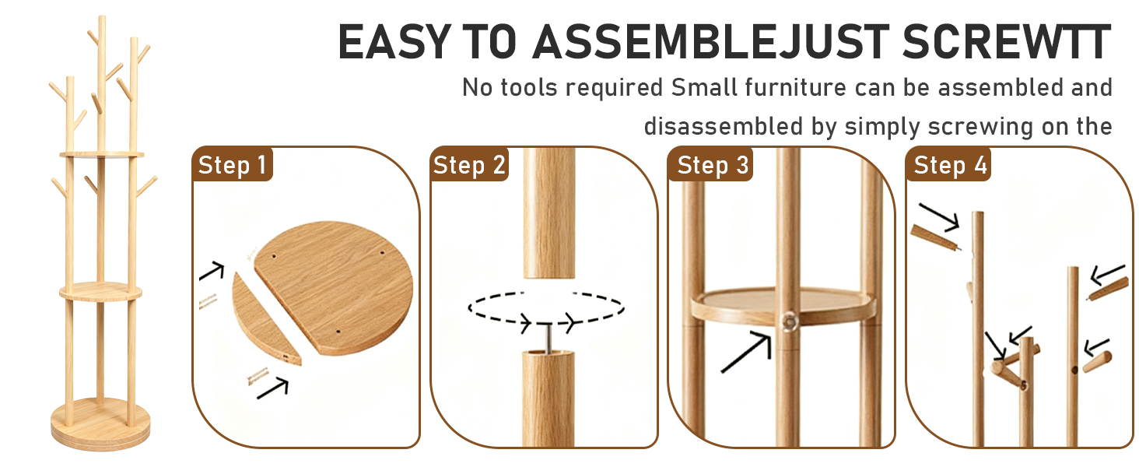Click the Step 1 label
tap(232, 165)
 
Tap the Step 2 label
tap(469, 165)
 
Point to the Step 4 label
tap(950, 165)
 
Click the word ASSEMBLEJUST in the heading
tap(710, 42)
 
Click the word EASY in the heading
tap(394, 42)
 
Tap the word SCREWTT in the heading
tap(1006, 42)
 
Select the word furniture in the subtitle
tap(795, 87)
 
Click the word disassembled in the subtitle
tap(723, 126)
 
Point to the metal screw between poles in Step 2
tap(548, 338)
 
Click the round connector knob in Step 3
tap(789, 321)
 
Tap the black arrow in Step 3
tap(746, 352)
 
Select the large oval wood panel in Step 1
tap(334, 287)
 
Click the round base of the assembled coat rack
tap(100, 424)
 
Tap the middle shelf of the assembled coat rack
tap(100, 291)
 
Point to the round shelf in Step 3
tap(782, 306)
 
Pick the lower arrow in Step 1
tap(272, 388)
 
